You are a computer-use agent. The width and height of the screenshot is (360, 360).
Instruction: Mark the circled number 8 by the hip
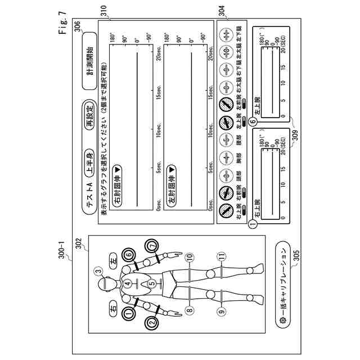190,309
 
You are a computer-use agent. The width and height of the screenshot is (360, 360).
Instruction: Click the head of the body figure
105,285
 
